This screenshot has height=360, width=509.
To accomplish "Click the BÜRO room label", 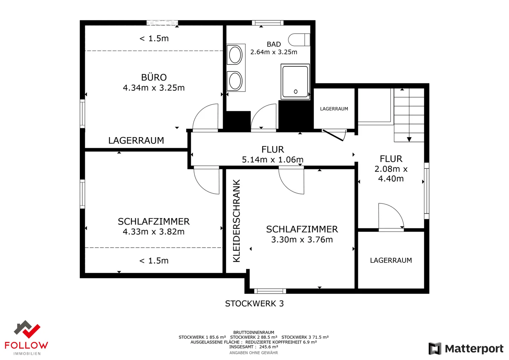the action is pos(154,77).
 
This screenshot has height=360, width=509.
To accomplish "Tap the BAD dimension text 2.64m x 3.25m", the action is pos(274,52).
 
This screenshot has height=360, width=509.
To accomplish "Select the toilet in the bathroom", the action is pos(299,40).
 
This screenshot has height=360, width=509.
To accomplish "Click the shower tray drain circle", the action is pos(296,92).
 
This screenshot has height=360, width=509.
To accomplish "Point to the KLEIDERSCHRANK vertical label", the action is pos(236,221).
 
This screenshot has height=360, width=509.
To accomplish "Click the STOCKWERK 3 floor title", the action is pos(254,303).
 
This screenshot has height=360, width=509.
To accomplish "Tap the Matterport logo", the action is pos(466,348).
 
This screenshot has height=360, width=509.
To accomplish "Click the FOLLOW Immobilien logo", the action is pos(27,338).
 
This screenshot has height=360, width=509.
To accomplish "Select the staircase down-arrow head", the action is pos(409,140).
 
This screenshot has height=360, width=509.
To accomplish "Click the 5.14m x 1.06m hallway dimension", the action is pos(273,160).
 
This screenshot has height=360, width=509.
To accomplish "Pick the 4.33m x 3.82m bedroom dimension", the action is pos(154,232).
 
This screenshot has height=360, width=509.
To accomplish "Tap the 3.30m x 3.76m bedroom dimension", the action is pos(302,240).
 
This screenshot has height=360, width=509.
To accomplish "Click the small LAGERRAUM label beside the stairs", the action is pos(334,109).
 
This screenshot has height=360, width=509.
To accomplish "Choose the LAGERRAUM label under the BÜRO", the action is pos(136,140).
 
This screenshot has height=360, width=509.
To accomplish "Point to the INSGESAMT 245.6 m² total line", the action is pos(253,347).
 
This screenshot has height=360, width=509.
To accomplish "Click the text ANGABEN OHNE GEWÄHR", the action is pos(253,353).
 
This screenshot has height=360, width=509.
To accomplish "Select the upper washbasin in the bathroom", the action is pos(235,55).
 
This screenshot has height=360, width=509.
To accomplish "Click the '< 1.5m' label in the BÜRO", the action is pos(154,39).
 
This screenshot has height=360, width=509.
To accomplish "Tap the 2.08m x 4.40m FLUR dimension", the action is pos(391,174).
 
